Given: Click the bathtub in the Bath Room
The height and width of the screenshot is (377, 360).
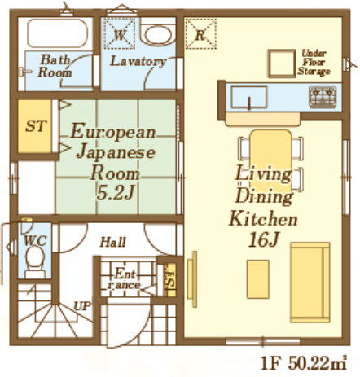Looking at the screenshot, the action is click(x=57, y=33).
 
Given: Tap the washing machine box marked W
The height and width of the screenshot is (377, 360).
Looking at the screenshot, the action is click(x=119, y=33).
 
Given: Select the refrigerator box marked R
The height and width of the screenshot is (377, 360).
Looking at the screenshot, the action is click(x=200, y=33).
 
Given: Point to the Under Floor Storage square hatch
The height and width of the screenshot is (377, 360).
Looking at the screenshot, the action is click(x=282, y=64).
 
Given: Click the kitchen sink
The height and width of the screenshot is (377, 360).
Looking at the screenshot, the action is click(x=248, y=97).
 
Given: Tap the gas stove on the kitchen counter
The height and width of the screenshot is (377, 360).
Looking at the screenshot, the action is click(x=323, y=97).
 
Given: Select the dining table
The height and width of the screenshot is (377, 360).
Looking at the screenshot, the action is click(x=270, y=160).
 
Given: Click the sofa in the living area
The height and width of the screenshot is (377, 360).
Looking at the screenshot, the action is click(x=310, y=283).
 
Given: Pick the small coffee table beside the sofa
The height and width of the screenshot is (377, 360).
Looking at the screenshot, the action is click(x=258, y=279).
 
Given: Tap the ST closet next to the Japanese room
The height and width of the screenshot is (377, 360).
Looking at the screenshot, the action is click(x=35, y=126).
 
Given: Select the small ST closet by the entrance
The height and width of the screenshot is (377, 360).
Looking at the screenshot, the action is click(x=170, y=279).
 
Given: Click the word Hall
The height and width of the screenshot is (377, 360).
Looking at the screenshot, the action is click(x=112, y=242).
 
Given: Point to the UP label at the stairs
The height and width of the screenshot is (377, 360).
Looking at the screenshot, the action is click(x=82, y=306).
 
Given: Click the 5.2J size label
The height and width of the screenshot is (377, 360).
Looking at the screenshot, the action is click(x=116, y=193).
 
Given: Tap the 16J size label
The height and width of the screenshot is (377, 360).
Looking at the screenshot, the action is click(x=263, y=240).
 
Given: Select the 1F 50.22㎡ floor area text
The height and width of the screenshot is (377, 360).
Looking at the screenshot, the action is click(x=304, y=362).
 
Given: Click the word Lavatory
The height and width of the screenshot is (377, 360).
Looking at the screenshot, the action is click(x=138, y=61).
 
